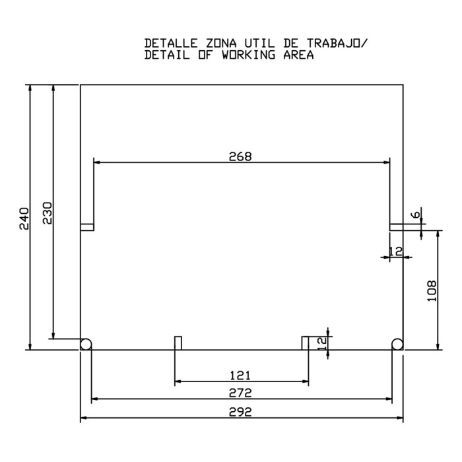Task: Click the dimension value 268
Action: [240, 156]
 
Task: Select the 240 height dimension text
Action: [24, 218]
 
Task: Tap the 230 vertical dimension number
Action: [47, 213]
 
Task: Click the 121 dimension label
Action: [240, 376]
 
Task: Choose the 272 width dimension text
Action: [241, 393]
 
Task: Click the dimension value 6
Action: [414, 215]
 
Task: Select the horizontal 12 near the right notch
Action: [395, 251]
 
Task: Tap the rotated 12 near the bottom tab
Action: [322, 343]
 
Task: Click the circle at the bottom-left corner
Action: [85, 344]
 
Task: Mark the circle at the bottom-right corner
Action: [397, 344]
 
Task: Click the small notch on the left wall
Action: [87, 227]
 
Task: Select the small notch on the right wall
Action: [396, 227]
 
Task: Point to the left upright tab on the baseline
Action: [178, 343]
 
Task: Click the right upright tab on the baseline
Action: [305, 343]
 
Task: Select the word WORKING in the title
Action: [240, 55]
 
